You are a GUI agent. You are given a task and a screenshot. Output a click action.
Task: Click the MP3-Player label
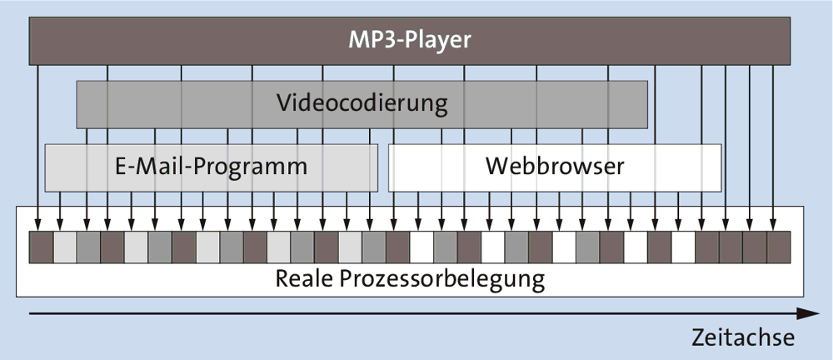[x=410, y=39]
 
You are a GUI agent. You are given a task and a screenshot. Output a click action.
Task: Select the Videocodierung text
[x=362, y=104]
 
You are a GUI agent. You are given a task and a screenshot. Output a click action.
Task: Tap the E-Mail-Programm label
[x=211, y=166]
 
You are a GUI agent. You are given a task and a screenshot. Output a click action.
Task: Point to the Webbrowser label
[x=555, y=166]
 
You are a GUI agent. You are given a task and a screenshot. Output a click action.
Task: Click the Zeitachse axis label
[x=742, y=337]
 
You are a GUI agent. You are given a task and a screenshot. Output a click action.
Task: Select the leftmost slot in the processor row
[x=41, y=246]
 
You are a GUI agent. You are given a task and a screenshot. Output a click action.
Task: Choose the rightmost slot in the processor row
[x=777, y=246]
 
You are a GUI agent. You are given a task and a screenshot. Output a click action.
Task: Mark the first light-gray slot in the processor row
[x=65, y=246]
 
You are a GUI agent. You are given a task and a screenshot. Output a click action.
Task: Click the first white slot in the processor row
[x=421, y=246]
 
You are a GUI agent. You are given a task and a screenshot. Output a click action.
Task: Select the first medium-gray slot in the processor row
[x=88, y=246]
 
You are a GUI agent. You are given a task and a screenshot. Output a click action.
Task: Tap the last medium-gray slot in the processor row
[x=587, y=246]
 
